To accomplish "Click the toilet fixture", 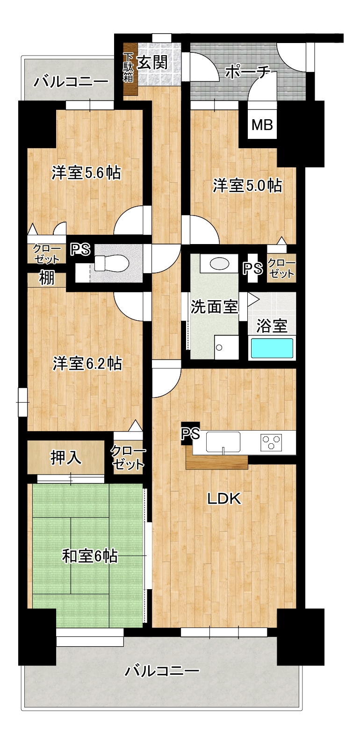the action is pos(111,263).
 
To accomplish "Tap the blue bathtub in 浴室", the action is pos(272,348).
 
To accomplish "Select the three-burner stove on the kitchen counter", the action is pos(271,442).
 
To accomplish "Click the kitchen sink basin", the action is pos(223,442).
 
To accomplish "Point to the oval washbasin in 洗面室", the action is pos(220,264).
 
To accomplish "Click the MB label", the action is pos(262,125).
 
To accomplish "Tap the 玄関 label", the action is pos(152,62).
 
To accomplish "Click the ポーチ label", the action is pos(248,72).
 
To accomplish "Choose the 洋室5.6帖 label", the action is pos(86,173).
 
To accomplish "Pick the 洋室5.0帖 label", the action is pos(247,186).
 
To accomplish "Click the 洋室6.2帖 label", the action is pos(87,363).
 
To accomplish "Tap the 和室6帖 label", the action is pos(90,556).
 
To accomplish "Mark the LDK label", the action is pos(224,498).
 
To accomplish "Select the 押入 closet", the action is pos(66,457).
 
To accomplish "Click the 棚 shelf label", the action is pos(47,278).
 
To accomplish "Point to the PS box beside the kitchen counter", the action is pos(190,433).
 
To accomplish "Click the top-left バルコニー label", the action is pos(72,81).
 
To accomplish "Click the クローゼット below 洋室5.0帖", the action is pos(281,268).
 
